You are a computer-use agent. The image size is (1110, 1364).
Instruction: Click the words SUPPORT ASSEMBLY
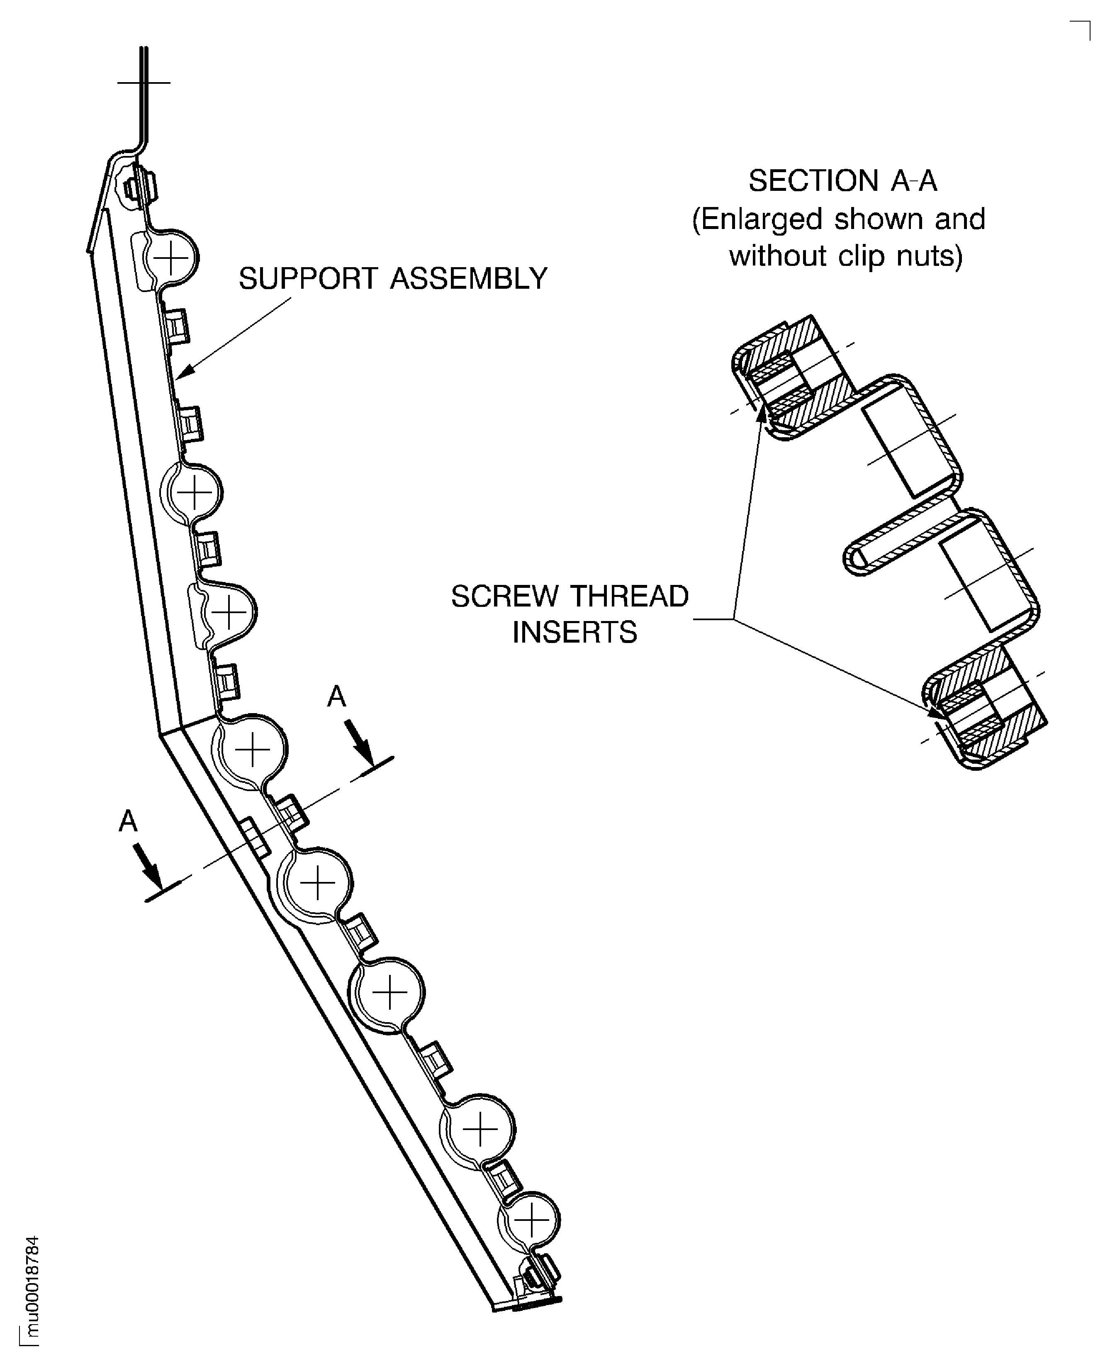392,279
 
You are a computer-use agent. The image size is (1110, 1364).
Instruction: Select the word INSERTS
575,633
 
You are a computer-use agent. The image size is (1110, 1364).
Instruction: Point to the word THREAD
628,597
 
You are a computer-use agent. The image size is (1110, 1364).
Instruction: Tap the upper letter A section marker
336,697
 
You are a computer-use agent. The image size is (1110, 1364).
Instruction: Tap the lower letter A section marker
128,821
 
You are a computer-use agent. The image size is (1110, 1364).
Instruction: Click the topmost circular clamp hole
171,259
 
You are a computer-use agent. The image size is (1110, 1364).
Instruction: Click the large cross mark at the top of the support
144,83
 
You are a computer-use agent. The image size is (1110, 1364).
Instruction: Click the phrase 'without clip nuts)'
845,256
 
